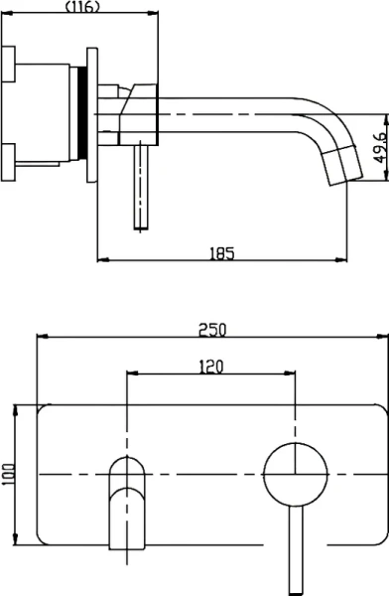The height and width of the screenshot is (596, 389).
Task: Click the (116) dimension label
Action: pyautogui.click(x=82, y=6)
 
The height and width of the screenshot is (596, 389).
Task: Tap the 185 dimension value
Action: pyautogui.click(x=222, y=253)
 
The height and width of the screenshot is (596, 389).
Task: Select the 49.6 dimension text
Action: pyautogui.click(x=379, y=147)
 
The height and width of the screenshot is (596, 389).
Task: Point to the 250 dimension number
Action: pyautogui.click(x=212, y=330)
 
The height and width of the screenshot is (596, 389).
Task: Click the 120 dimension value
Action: pyautogui.click(x=211, y=367)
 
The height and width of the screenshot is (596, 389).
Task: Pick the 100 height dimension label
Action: pyautogui.click(x=8, y=474)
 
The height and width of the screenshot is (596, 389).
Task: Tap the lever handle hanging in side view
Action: pyautogui.click(x=141, y=187)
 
